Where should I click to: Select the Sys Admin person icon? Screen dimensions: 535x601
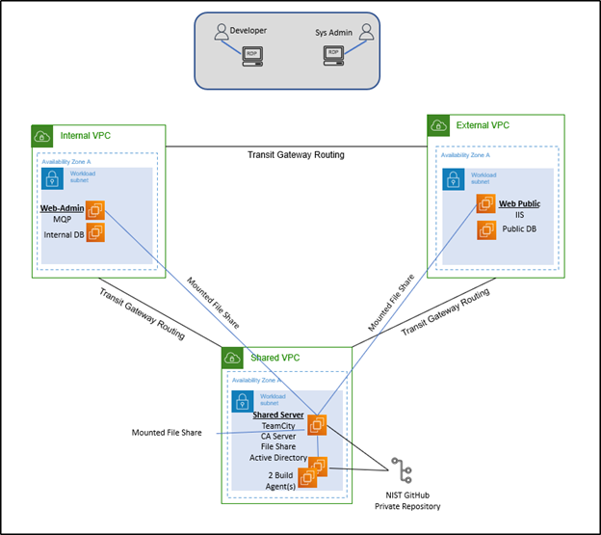point(366,34)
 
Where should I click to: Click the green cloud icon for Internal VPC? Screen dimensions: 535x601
point(42,136)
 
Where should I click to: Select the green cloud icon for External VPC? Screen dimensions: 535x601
point(438,125)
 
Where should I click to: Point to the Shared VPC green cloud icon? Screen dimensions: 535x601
point(232,358)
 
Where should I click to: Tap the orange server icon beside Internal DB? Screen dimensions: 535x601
point(95,231)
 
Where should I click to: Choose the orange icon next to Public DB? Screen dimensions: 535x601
point(488,230)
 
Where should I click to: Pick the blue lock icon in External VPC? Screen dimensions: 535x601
point(453,178)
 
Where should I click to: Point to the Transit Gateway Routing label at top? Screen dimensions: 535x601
point(296,154)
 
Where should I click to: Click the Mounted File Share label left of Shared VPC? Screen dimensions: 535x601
point(166,433)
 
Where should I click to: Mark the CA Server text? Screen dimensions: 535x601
point(277,437)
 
